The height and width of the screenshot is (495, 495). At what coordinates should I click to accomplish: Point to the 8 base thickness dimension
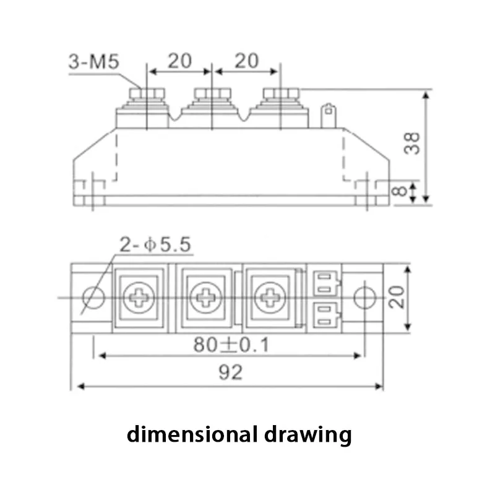(x=402, y=190)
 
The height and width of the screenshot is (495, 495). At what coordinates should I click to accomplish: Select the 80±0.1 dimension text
(x=231, y=345)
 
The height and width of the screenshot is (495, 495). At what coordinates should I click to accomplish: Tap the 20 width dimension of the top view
(x=399, y=297)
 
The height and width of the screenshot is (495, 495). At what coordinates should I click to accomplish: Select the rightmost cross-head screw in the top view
(x=270, y=297)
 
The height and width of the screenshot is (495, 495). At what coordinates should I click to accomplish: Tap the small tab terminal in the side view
(x=327, y=116)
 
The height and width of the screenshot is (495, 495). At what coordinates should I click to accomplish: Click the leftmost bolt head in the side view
(x=146, y=93)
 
